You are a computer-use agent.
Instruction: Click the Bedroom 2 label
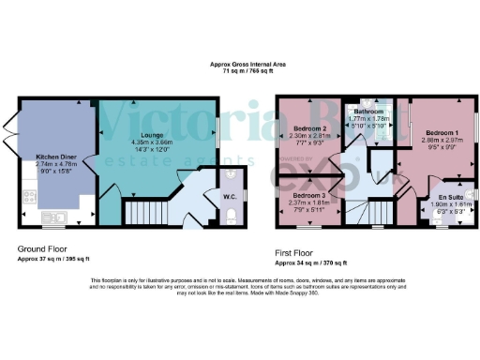[x=308, y=127]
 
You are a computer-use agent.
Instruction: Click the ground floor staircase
[x=144, y=210]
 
